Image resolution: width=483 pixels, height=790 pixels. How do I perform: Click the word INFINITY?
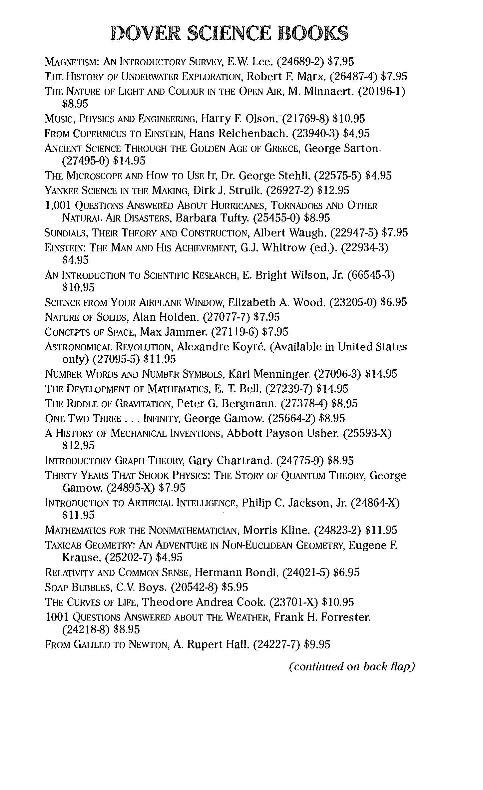click(162, 418)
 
